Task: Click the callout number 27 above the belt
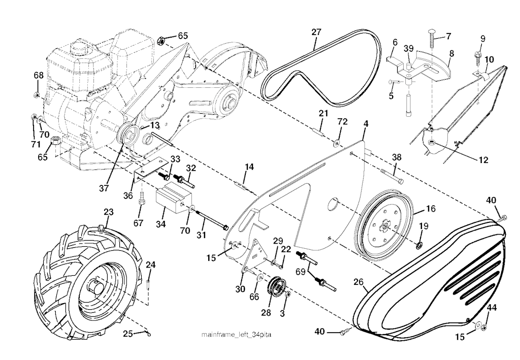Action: [x=316, y=32]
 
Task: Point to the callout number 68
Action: [x=39, y=75]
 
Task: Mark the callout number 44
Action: [x=492, y=307]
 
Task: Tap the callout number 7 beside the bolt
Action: [x=448, y=36]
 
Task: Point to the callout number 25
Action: [x=128, y=334]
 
